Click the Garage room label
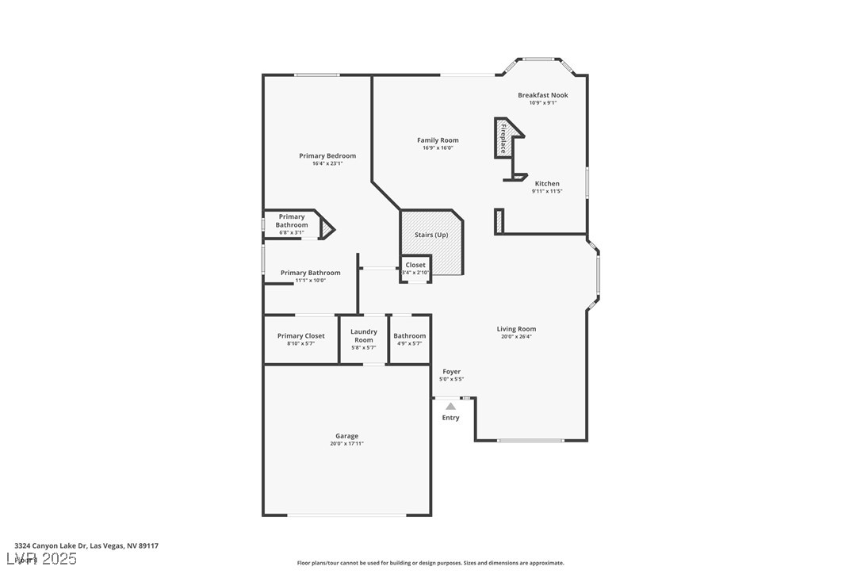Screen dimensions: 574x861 [346, 436]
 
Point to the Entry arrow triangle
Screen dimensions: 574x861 [450, 406]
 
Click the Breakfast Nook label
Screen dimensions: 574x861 [543, 95]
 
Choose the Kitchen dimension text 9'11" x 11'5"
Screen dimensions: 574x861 [547, 191]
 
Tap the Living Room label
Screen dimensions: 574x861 [516, 329]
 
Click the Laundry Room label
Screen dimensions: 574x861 [364, 335]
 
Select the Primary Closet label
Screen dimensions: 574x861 [300, 336]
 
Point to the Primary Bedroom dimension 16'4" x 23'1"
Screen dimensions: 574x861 [327, 163]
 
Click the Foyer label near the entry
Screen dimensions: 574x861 [451, 372]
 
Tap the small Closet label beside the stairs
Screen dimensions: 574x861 [415, 265]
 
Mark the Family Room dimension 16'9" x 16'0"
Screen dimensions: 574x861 [438, 147]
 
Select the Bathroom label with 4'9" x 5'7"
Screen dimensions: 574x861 [410, 336]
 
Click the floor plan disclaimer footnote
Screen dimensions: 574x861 [430, 563]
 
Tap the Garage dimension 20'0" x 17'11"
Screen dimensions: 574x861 [346, 443]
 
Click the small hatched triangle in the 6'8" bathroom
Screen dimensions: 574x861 [326, 229]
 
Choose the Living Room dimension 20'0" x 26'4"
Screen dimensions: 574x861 [516, 336]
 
